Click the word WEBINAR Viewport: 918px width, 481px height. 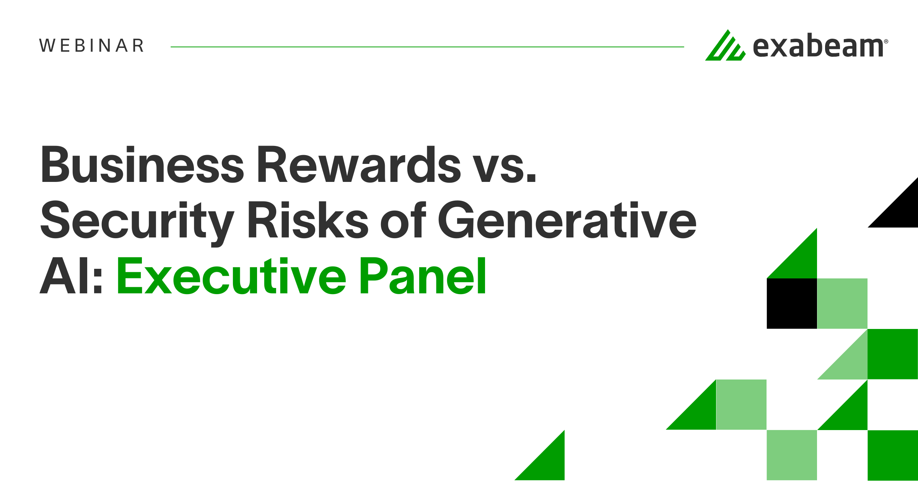[92, 46]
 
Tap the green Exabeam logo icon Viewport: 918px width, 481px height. [725, 47]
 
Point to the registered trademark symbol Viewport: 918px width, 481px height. [886, 41]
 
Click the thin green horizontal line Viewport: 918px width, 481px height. [427, 47]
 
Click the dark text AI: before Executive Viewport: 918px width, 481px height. [71, 276]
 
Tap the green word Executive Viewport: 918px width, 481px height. [231, 276]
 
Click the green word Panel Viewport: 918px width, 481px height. [423, 276]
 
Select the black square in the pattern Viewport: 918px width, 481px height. [792, 303]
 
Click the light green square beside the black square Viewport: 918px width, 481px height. [842, 303]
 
